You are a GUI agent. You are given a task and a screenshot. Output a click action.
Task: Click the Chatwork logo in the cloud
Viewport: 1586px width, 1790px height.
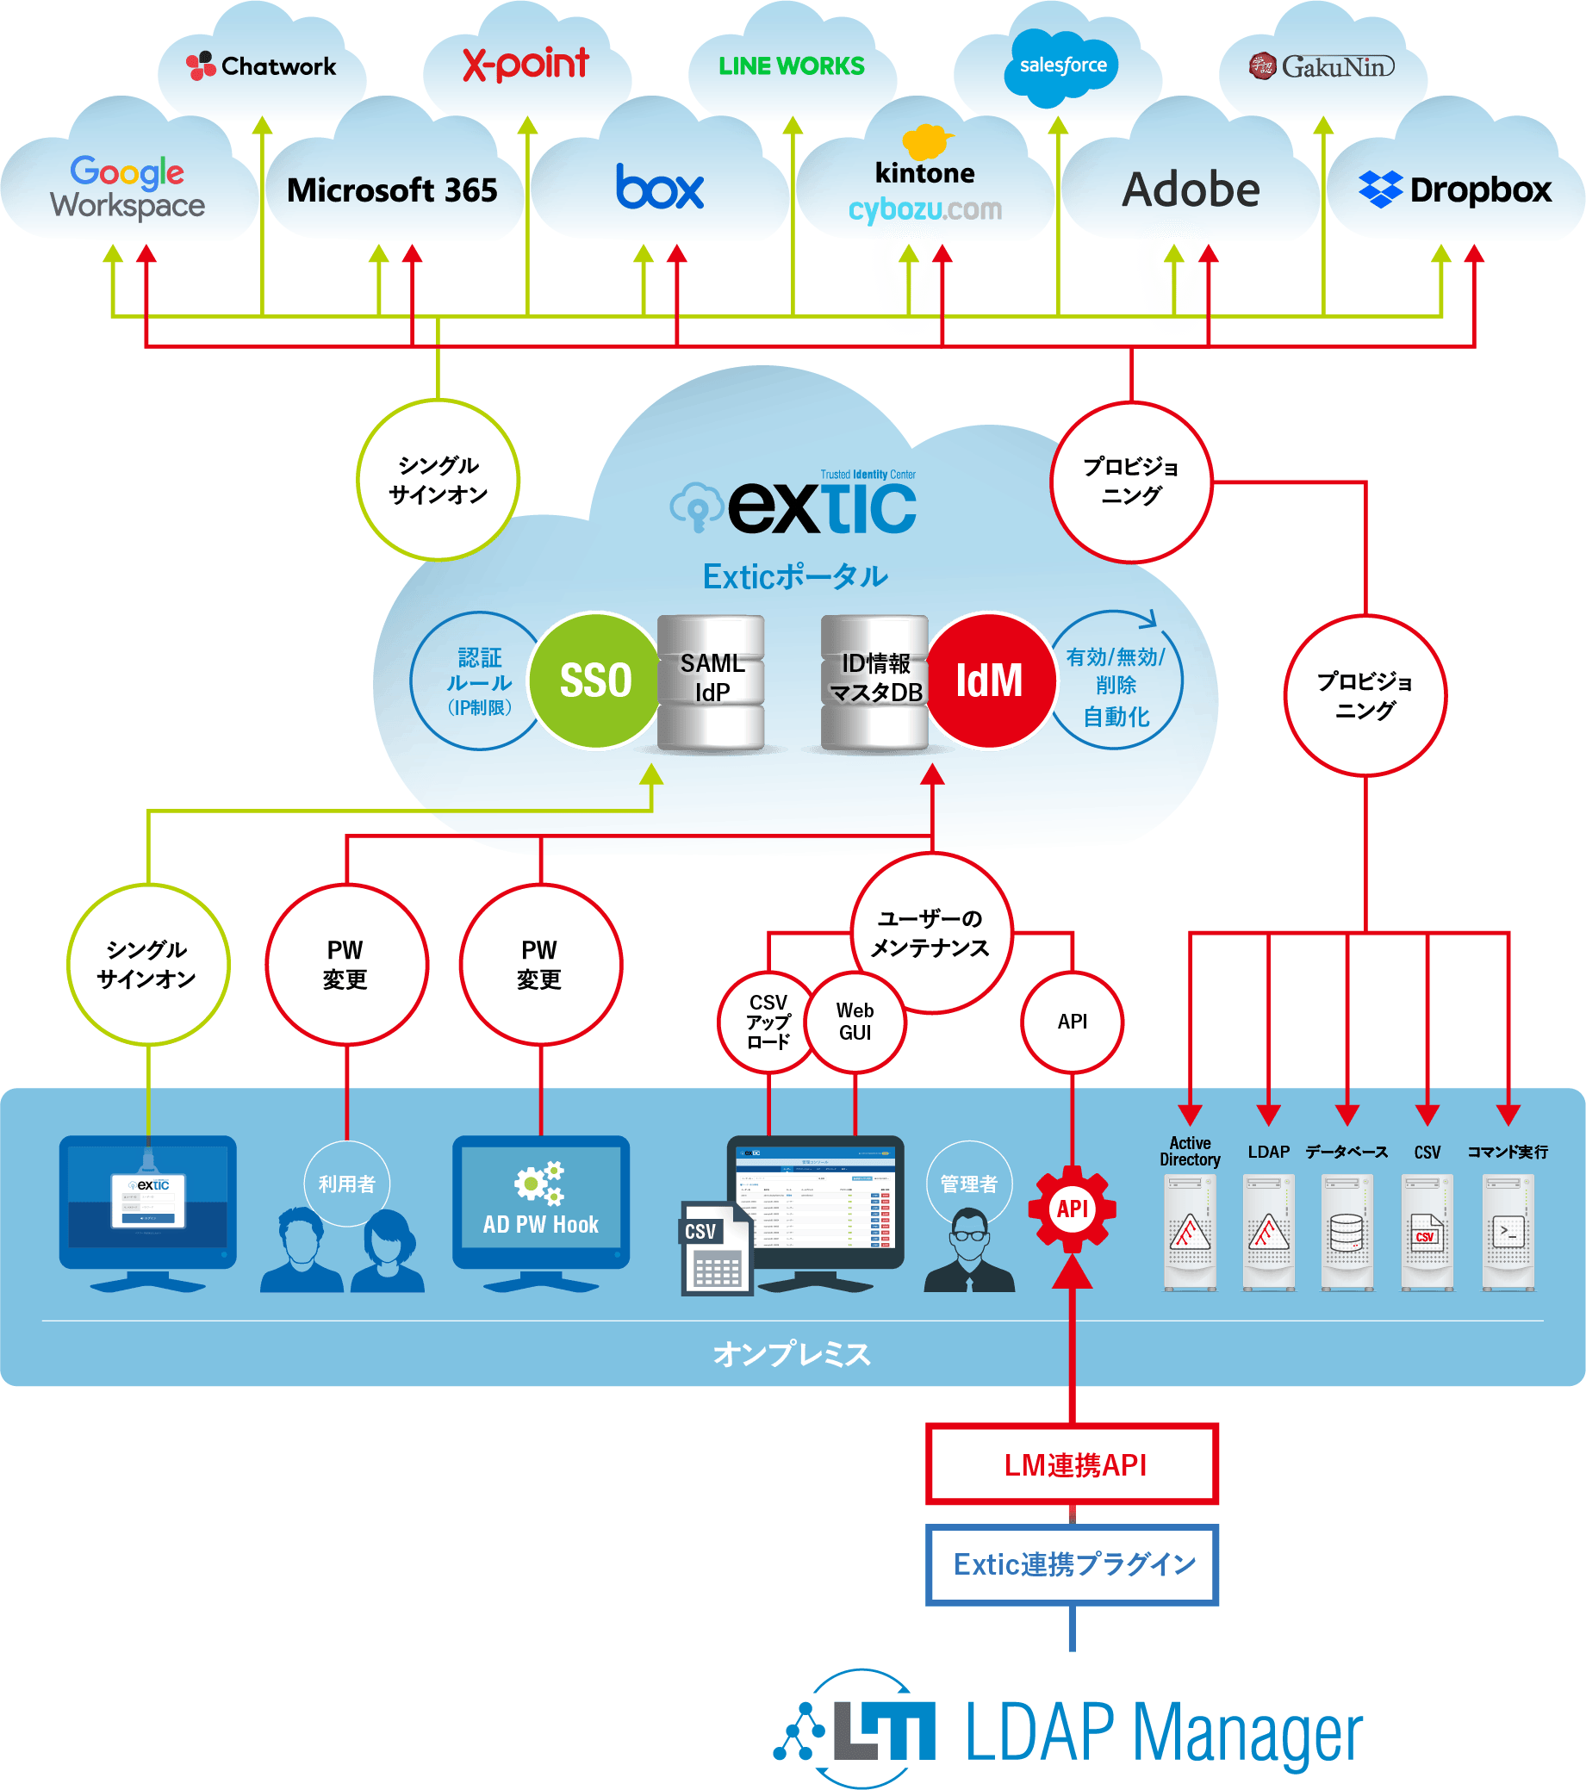tap(261, 65)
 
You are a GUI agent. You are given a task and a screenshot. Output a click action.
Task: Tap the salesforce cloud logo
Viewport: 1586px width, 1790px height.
tap(1061, 65)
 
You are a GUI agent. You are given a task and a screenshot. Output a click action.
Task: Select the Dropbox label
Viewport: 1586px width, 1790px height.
tap(1456, 190)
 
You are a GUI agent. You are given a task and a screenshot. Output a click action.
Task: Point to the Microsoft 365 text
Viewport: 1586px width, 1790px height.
tap(392, 190)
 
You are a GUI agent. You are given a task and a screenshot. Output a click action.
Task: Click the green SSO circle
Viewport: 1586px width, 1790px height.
tap(595, 681)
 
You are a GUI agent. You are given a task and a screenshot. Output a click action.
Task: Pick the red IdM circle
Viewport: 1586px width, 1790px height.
tap(990, 681)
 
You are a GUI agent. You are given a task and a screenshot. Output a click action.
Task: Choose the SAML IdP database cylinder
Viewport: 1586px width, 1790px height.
tap(711, 681)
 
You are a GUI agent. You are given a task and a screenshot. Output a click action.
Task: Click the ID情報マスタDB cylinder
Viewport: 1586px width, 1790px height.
tap(875, 681)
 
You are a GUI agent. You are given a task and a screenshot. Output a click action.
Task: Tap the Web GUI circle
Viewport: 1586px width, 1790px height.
tap(855, 1022)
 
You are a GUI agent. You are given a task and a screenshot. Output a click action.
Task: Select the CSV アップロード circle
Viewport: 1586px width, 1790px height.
tap(768, 1022)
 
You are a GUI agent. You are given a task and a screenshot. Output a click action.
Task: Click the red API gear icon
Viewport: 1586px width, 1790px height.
tap(1072, 1209)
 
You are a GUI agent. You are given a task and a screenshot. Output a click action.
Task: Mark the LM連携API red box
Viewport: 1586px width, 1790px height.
tap(1073, 1464)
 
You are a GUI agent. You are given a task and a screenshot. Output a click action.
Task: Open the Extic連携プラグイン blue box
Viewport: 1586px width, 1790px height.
tap(1073, 1564)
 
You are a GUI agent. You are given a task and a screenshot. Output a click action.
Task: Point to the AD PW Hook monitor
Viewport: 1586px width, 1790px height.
tap(540, 1202)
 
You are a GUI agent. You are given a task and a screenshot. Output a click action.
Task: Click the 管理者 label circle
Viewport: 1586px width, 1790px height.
tap(968, 1184)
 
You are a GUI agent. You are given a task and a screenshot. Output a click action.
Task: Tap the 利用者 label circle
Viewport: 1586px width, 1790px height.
tap(347, 1184)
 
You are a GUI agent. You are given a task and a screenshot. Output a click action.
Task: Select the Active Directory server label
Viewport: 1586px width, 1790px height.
tap(1189, 1151)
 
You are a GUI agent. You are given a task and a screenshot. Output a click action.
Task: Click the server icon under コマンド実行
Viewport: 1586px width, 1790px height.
tap(1508, 1232)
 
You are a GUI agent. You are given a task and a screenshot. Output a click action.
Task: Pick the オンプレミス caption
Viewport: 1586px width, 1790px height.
tap(792, 1354)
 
